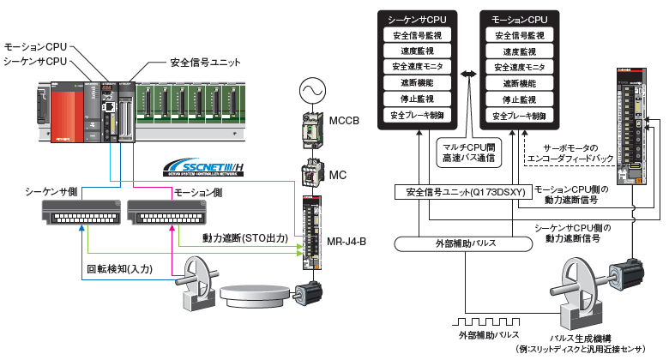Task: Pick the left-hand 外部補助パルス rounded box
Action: tap(454, 243)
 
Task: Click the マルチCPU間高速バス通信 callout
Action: tap(468, 152)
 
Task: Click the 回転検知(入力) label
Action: tap(119, 268)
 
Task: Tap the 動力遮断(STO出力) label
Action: tap(244, 236)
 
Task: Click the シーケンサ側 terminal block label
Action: tap(51, 194)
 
